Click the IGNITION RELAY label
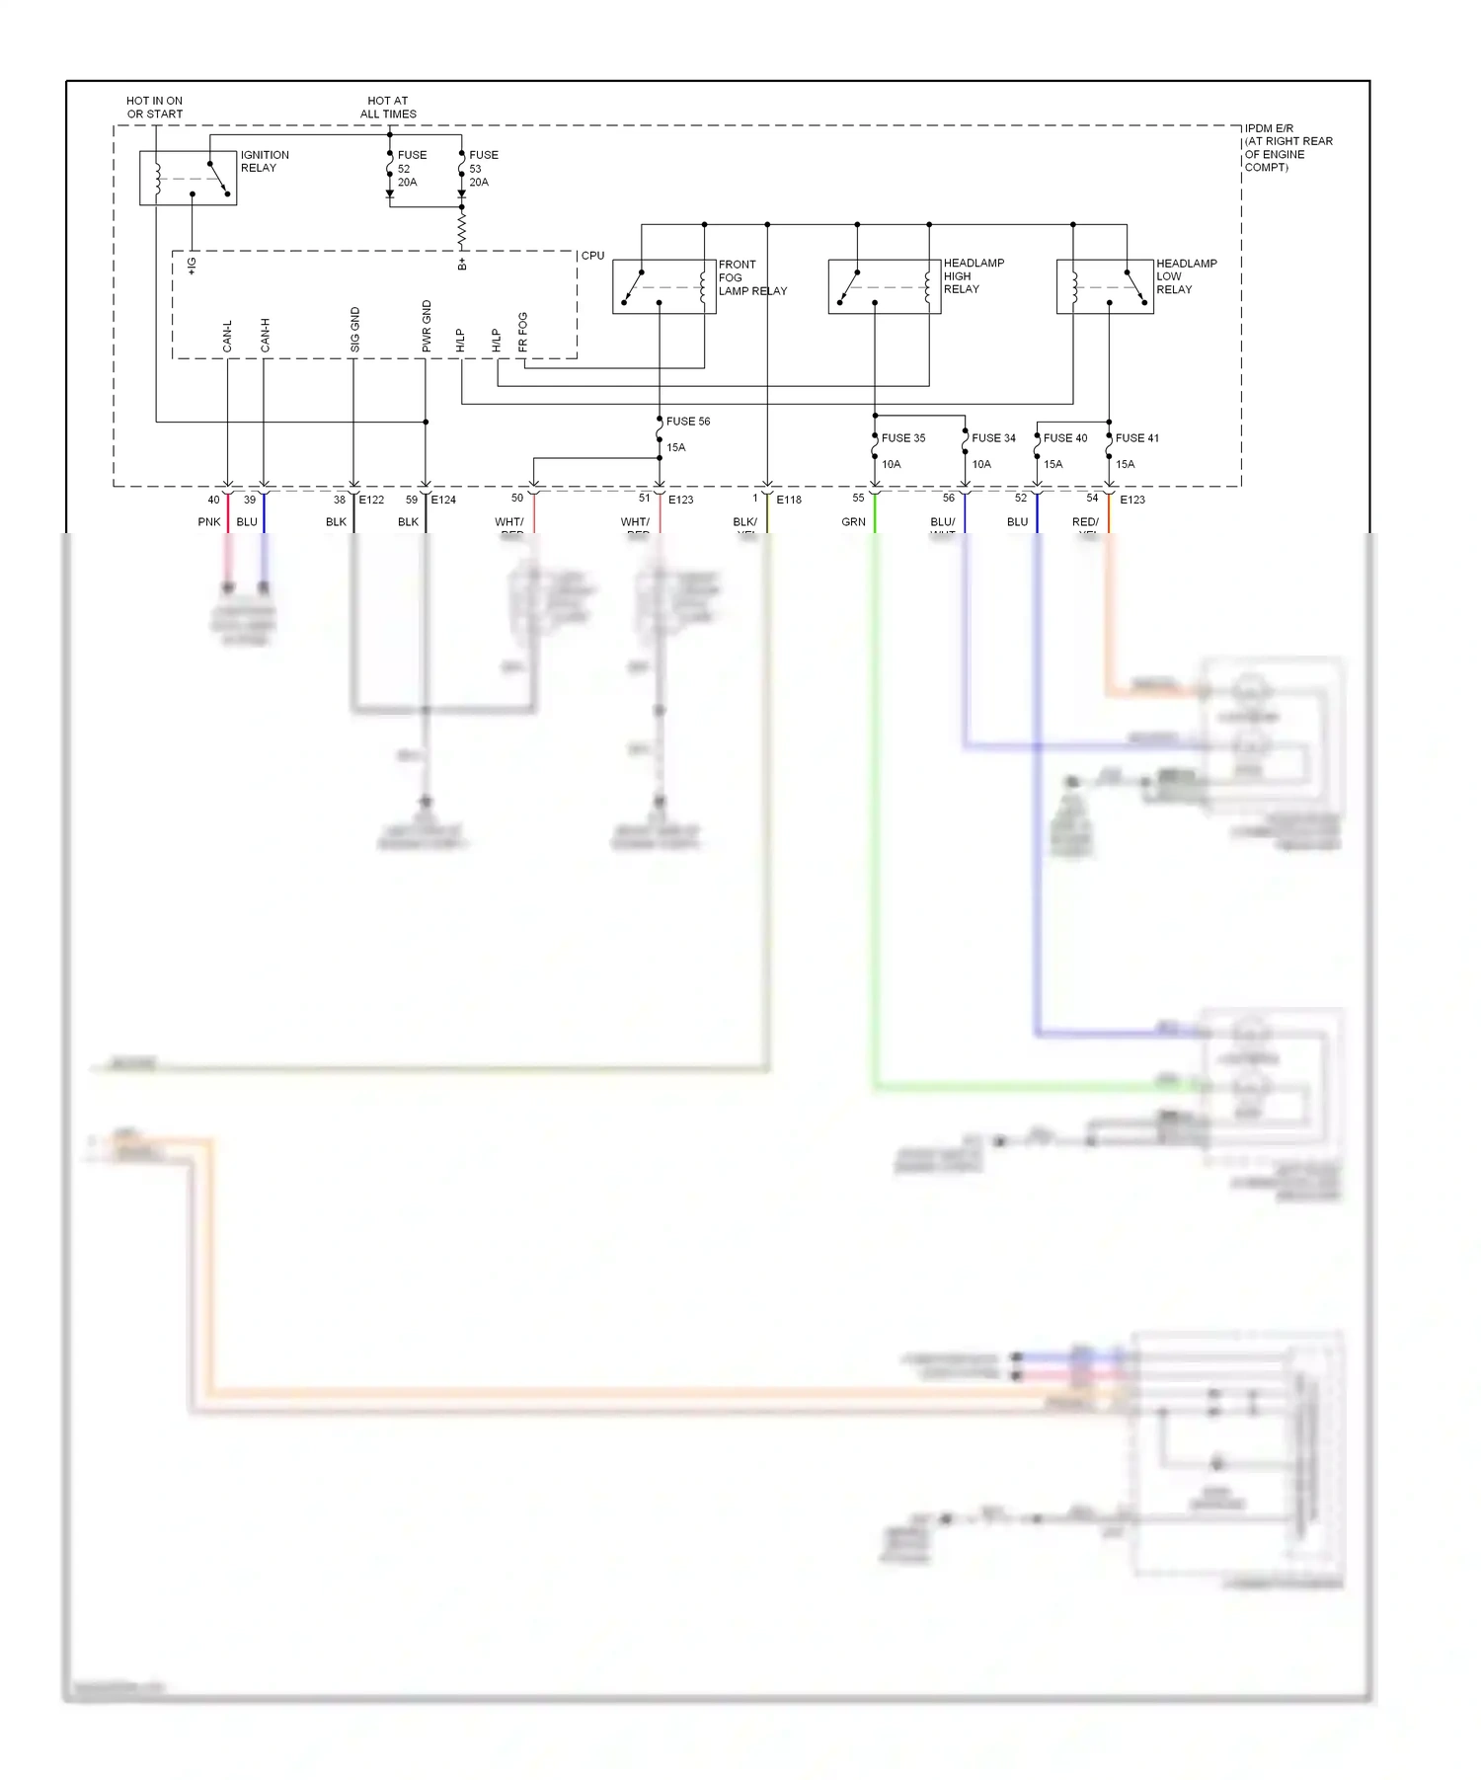click(265, 162)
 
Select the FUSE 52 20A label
click(411, 169)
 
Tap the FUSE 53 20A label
click(483, 169)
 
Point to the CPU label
click(592, 256)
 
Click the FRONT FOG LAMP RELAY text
click(751, 277)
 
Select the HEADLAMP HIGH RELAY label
click(974, 276)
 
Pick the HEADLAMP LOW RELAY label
click(1186, 276)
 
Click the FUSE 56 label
click(688, 422)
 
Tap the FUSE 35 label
click(902, 438)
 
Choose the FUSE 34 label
click(993, 438)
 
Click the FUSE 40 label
click(1065, 438)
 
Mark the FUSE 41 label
click(1137, 438)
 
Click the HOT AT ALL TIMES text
click(388, 108)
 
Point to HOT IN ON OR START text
click(155, 108)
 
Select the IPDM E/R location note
click(1287, 148)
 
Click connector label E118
click(789, 501)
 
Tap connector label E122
click(371, 501)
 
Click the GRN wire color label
click(853, 522)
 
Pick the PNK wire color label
click(209, 522)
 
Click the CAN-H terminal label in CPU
click(265, 335)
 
